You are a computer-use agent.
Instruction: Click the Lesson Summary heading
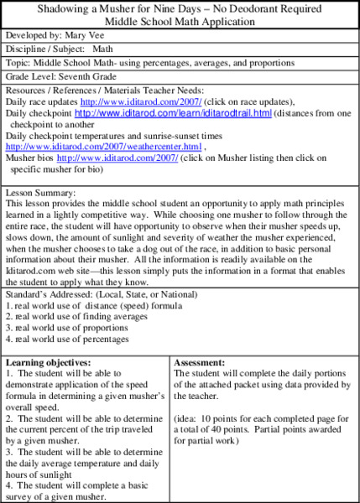(x=41, y=191)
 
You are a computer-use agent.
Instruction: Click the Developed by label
(x=33, y=37)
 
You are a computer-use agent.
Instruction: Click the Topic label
(x=18, y=62)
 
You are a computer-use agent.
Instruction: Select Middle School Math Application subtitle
(x=179, y=22)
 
